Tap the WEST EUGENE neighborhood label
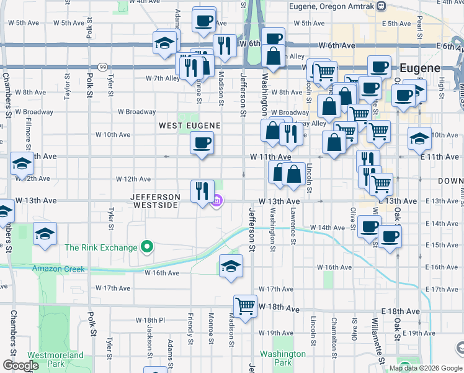click(x=189, y=126)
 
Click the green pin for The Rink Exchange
click(x=147, y=247)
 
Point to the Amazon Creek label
click(x=58, y=269)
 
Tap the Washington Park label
click(x=283, y=358)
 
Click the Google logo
click(x=20, y=366)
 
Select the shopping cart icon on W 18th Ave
click(x=245, y=306)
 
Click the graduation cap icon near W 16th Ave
click(x=230, y=265)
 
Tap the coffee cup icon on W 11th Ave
click(x=201, y=144)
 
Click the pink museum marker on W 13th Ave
click(x=217, y=201)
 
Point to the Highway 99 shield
click(x=101, y=67)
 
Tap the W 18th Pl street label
click(x=149, y=320)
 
